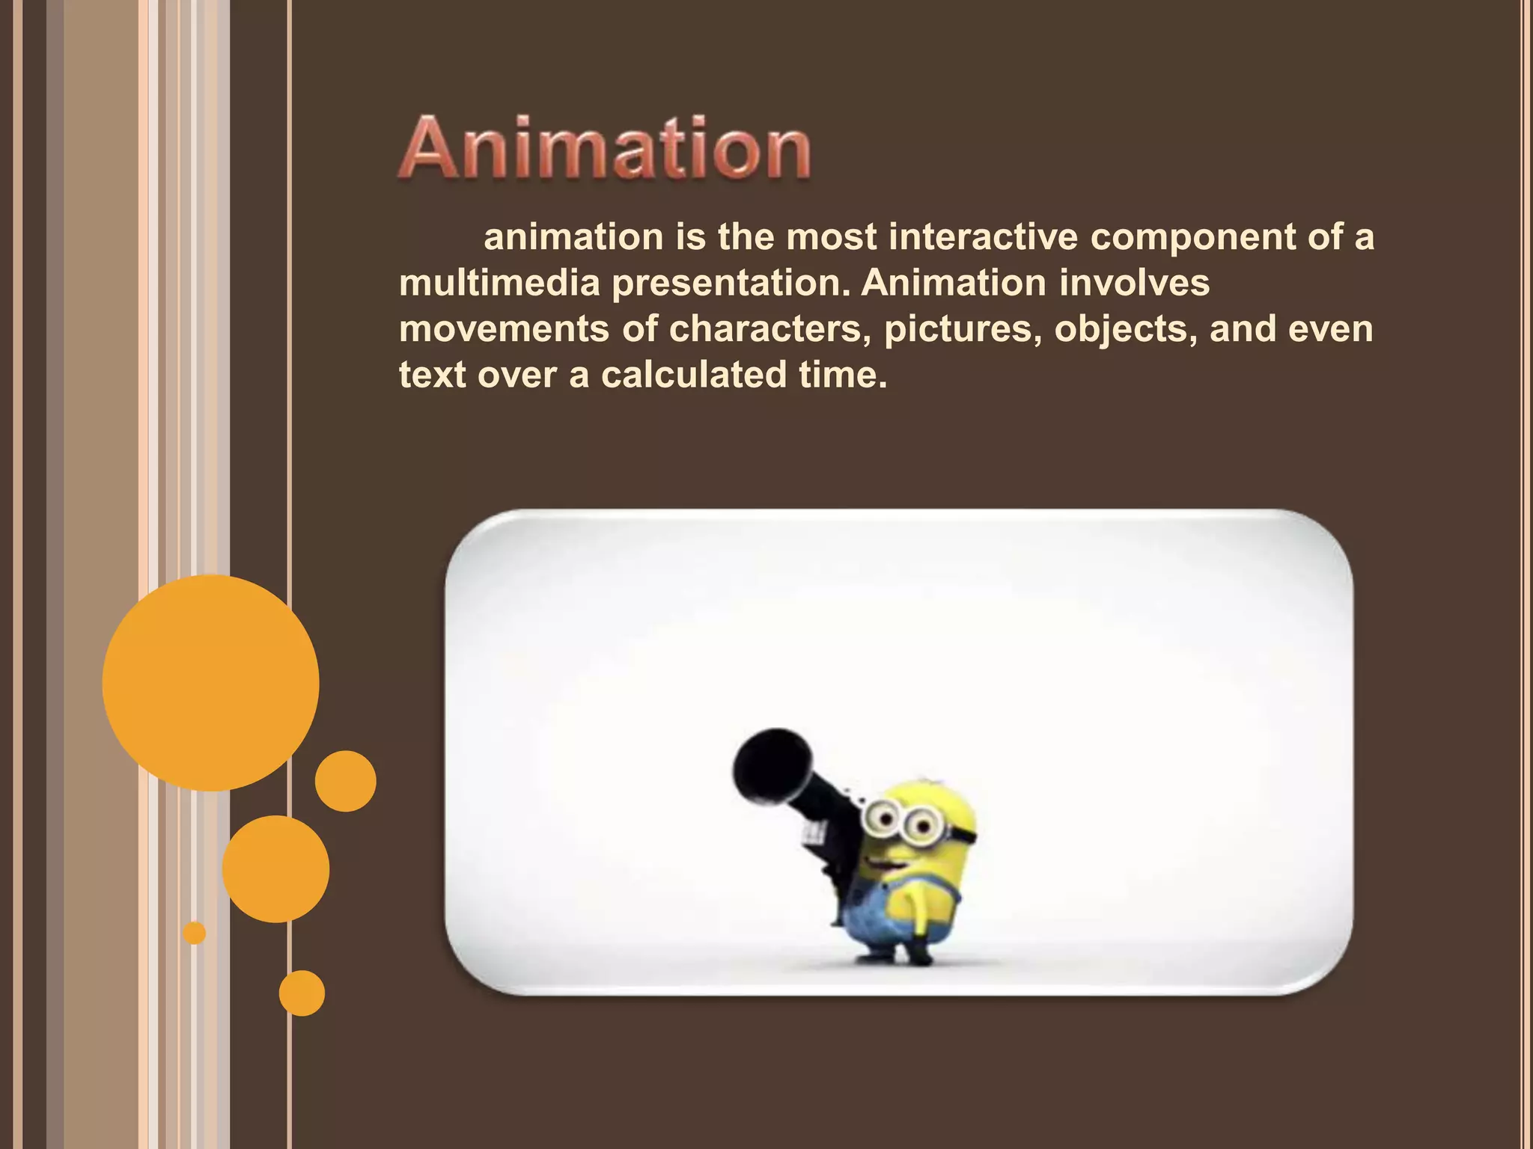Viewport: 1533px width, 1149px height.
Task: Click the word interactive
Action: tap(984, 237)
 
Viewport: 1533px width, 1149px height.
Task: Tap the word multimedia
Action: tap(499, 284)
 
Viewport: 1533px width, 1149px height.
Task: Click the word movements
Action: tap(504, 329)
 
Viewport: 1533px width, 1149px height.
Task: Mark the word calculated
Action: tap(693, 375)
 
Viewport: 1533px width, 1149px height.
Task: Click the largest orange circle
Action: tap(210, 682)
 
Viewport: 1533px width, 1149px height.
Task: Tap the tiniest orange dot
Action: tap(195, 933)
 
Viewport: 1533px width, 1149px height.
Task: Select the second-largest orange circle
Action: tap(275, 868)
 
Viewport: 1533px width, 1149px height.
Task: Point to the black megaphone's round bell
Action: tap(771, 765)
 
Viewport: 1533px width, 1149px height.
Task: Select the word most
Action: tap(831, 237)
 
